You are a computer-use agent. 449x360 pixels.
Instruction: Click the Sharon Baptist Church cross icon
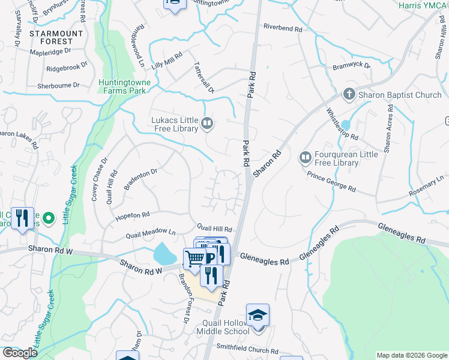(348, 94)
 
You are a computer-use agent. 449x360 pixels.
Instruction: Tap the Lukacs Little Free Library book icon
(207, 124)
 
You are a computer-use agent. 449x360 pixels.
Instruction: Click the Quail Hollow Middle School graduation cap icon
(258, 315)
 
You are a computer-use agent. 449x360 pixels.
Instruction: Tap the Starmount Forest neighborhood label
(59, 37)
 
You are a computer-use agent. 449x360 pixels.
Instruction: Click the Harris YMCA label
(423, 4)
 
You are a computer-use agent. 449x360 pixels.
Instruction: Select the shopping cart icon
(195, 259)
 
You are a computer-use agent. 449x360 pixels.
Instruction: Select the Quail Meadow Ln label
(149, 232)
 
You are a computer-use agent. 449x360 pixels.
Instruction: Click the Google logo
(20, 353)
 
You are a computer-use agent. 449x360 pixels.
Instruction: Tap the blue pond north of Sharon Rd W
(165, 254)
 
